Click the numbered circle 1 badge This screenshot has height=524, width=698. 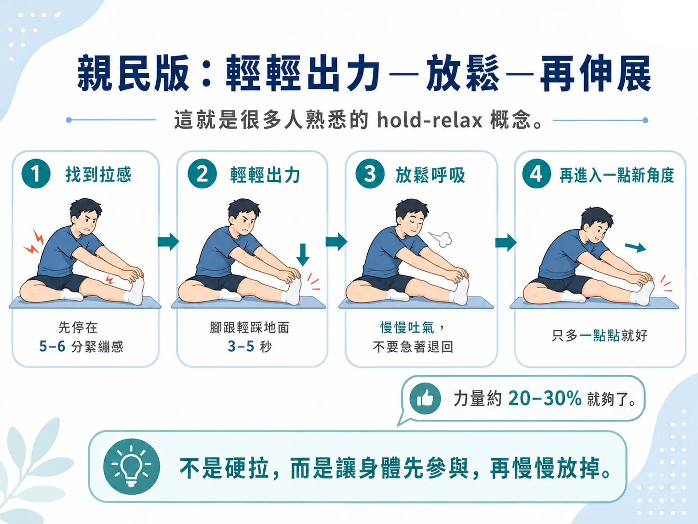(36, 174)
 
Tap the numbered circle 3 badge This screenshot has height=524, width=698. (370, 174)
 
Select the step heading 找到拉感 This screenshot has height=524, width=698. (98, 174)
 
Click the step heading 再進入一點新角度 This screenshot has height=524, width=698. (617, 175)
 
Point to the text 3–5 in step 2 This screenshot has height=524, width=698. (241, 346)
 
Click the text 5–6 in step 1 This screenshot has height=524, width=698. (52, 346)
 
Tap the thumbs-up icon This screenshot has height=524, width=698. (425, 398)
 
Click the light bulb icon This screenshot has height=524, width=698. (132, 467)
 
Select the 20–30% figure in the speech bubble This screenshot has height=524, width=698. (545, 398)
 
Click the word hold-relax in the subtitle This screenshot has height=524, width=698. (430, 121)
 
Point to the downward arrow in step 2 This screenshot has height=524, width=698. (303, 255)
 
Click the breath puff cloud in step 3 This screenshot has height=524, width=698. (440, 239)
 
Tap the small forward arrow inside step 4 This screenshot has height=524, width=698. (635, 248)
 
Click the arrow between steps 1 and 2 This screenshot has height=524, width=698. (168, 241)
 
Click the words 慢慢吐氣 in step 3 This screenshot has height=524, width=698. (407, 328)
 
